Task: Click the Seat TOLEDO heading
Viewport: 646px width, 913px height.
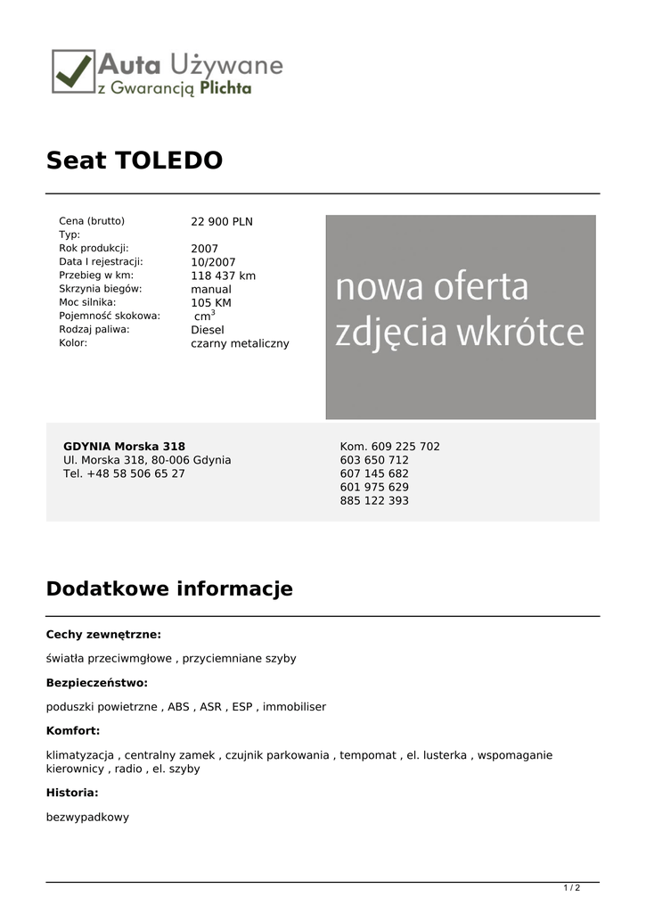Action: click(135, 161)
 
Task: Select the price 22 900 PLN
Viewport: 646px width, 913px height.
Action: click(222, 222)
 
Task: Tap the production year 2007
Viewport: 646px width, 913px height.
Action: click(204, 249)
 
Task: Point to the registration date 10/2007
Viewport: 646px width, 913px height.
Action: click(213, 262)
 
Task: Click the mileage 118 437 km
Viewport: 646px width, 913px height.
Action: click(223, 276)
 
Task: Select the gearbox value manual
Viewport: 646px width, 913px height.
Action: click(210, 289)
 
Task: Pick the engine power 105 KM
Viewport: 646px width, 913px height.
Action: click(210, 302)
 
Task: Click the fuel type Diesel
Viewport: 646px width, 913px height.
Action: click(208, 330)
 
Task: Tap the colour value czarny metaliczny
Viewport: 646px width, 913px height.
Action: click(240, 343)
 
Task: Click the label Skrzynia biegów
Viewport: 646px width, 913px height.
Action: click(101, 289)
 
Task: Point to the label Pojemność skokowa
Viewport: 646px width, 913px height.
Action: click(110, 316)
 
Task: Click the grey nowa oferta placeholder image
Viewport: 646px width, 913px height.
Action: click(460, 317)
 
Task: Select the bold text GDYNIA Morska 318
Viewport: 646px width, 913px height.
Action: click(124, 447)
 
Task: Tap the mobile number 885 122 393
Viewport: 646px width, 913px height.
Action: click(374, 501)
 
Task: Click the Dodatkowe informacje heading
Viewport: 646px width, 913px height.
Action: click(169, 589)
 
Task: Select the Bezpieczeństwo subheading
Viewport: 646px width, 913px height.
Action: click(97, 683)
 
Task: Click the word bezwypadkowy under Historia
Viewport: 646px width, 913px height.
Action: click(87, 817)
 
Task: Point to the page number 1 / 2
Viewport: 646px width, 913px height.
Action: click(572, 888)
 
